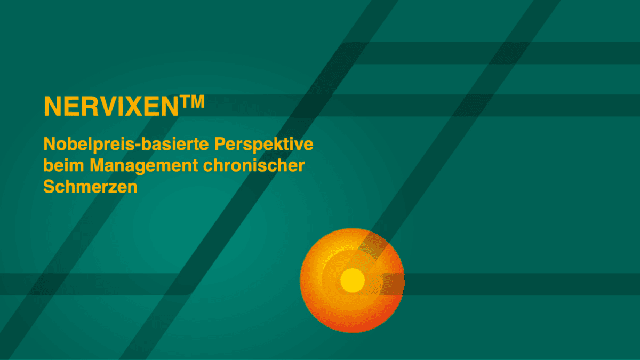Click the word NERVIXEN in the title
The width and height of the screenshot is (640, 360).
[111, 106]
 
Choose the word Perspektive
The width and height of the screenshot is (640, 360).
[263, 144]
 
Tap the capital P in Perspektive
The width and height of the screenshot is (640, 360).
[220, 143]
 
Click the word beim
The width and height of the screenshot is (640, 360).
[63, 165]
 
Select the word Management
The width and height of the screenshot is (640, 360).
[144, 166]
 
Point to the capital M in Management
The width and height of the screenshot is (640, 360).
[97, 165]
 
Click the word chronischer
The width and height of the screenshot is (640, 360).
[254, 165]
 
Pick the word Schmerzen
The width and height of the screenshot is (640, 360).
[90, 187]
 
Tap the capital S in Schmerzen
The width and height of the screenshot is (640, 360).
[49, 187]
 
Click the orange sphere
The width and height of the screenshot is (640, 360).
[352, 281]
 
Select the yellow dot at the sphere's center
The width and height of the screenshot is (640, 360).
[353, 281]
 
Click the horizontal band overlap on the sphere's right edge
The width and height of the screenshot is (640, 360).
[392, 284]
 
